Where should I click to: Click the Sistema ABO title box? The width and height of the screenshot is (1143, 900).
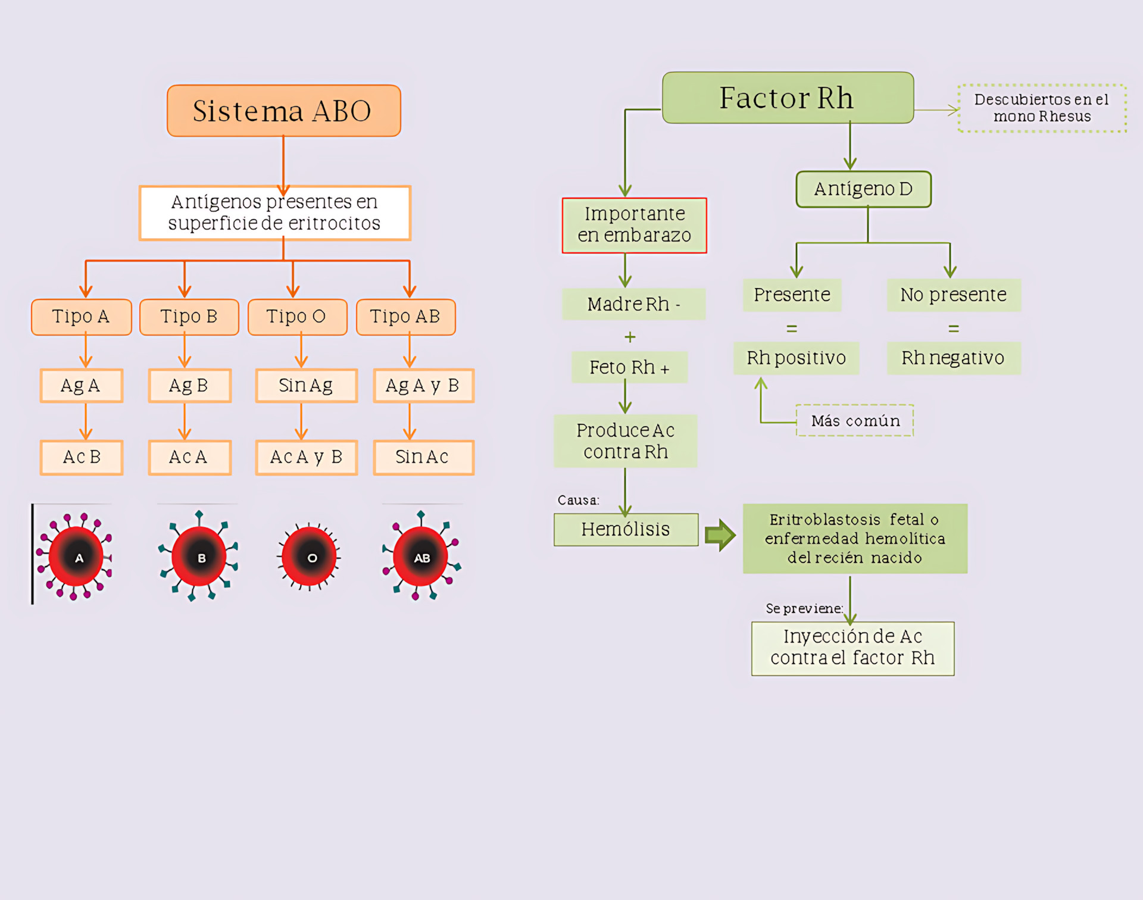point(283,111)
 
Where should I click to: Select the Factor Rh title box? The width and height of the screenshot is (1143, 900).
point(788,98)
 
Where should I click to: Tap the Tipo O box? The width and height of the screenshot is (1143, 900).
point(297,317)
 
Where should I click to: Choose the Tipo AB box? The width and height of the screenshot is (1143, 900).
point(405,317)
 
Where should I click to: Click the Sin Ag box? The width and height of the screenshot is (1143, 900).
point(306,386)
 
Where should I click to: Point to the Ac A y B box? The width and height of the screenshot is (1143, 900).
point(306,457)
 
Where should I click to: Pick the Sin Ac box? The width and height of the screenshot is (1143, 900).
point(423,457)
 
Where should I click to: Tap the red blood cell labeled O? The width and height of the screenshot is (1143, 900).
point(310,557)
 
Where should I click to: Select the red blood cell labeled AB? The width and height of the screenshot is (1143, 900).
point(421,557)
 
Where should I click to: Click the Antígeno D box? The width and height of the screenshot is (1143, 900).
point(863,189)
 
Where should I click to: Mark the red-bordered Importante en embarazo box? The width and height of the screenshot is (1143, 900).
point(634,225)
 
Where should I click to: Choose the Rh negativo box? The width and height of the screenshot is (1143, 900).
point(954,358)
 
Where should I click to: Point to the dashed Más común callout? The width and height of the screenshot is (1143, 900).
point(855,421)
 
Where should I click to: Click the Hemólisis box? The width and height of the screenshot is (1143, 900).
point(626,529)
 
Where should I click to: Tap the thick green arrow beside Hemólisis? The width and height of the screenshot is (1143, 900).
point(720,535)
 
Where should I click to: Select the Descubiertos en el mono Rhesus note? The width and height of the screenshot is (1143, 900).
point(1042,108)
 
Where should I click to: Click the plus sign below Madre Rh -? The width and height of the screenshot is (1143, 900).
point(630,337)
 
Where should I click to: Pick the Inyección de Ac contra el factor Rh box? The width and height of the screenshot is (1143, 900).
point(852,648)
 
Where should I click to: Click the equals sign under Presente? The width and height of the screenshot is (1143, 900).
point(792,329)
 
